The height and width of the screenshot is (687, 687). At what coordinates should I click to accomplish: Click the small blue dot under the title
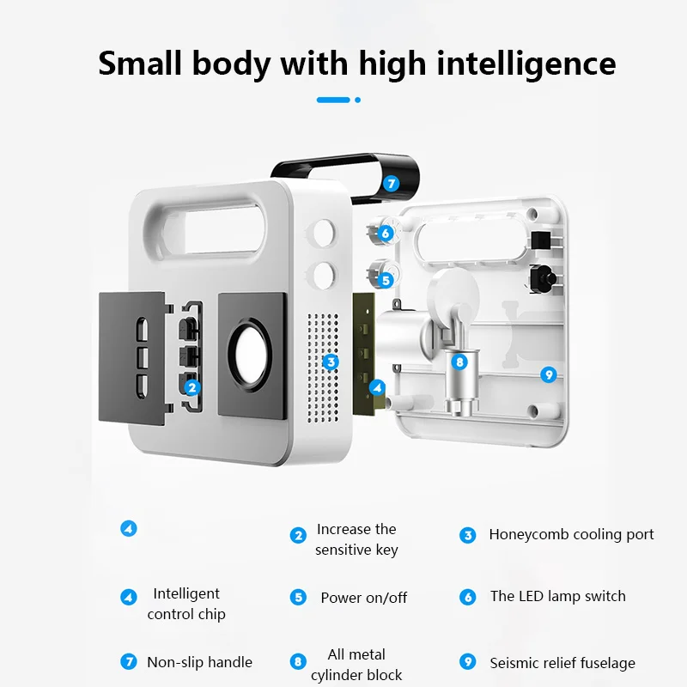[357, 100]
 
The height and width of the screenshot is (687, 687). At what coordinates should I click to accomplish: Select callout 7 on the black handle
[391, 183]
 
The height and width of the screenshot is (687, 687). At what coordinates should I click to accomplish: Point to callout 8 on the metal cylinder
[459, 362]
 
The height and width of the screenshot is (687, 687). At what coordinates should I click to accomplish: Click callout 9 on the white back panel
[550, 374]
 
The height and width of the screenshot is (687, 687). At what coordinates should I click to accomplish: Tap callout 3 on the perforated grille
[331, 362]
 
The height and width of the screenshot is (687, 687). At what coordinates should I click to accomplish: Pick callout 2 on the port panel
[192, 387]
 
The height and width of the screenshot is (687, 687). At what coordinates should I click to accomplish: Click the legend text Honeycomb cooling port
[571, 534]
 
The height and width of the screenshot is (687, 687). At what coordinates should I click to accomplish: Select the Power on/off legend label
[363, 598]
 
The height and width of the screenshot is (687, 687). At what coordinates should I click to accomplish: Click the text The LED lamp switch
[557, 596]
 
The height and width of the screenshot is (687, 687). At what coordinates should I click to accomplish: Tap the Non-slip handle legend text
[199, 662]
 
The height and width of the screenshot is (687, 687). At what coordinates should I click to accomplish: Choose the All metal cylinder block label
[356, 665]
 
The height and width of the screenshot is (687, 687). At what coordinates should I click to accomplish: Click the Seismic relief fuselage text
[562, 663]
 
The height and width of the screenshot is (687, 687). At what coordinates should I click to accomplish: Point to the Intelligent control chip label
[186, 604]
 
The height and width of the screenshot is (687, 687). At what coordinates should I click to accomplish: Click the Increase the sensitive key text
[356, 539]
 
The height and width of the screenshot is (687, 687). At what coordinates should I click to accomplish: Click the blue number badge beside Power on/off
[298, 597]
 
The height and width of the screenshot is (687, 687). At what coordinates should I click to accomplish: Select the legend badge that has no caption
[128, 529]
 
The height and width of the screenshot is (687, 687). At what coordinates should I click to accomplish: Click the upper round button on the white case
[325, 231]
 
